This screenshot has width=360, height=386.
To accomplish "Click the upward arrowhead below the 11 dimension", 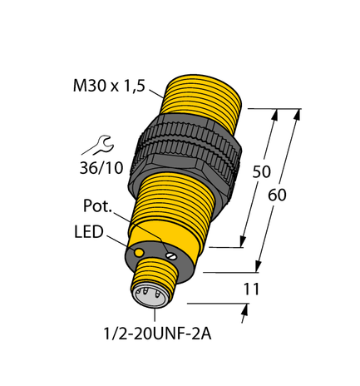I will click(x=245, y=310).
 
